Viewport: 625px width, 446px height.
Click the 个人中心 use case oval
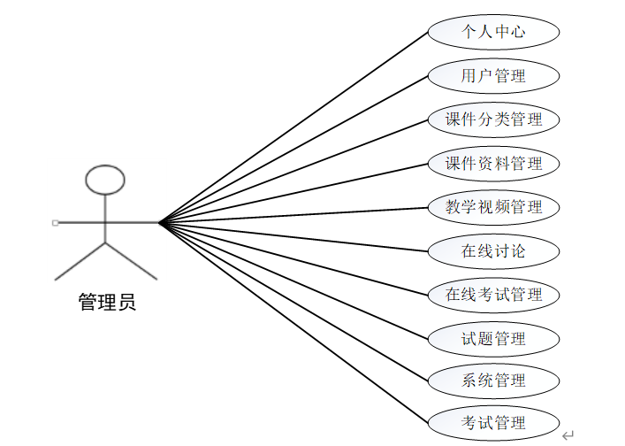(x=493, y=33)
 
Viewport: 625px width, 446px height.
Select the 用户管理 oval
(x=493, y=76)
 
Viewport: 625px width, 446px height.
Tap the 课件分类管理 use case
(x=493, y=119)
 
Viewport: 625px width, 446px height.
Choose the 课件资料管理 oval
(x=493, y=164)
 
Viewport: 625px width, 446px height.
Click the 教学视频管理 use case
(x=493, y=207)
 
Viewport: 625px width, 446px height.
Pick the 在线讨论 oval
(x=493, y=251)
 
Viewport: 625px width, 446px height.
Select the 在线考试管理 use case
(x=493, y=295)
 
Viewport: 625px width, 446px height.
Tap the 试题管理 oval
(x=493, y=338)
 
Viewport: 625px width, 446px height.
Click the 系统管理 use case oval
(x=493, y=381)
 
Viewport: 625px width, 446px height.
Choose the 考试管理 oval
(x=493, y=423)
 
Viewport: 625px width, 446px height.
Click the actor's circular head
(x=104, y=179)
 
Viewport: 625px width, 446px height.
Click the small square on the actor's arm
(x=56, y=222)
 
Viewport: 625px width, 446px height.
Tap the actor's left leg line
(x=80, y=260)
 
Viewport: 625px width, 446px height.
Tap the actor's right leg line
(x=130, y=260)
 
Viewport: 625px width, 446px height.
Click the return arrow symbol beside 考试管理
(x=567, y=434)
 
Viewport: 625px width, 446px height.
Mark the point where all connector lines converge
(x=160, y=222)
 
